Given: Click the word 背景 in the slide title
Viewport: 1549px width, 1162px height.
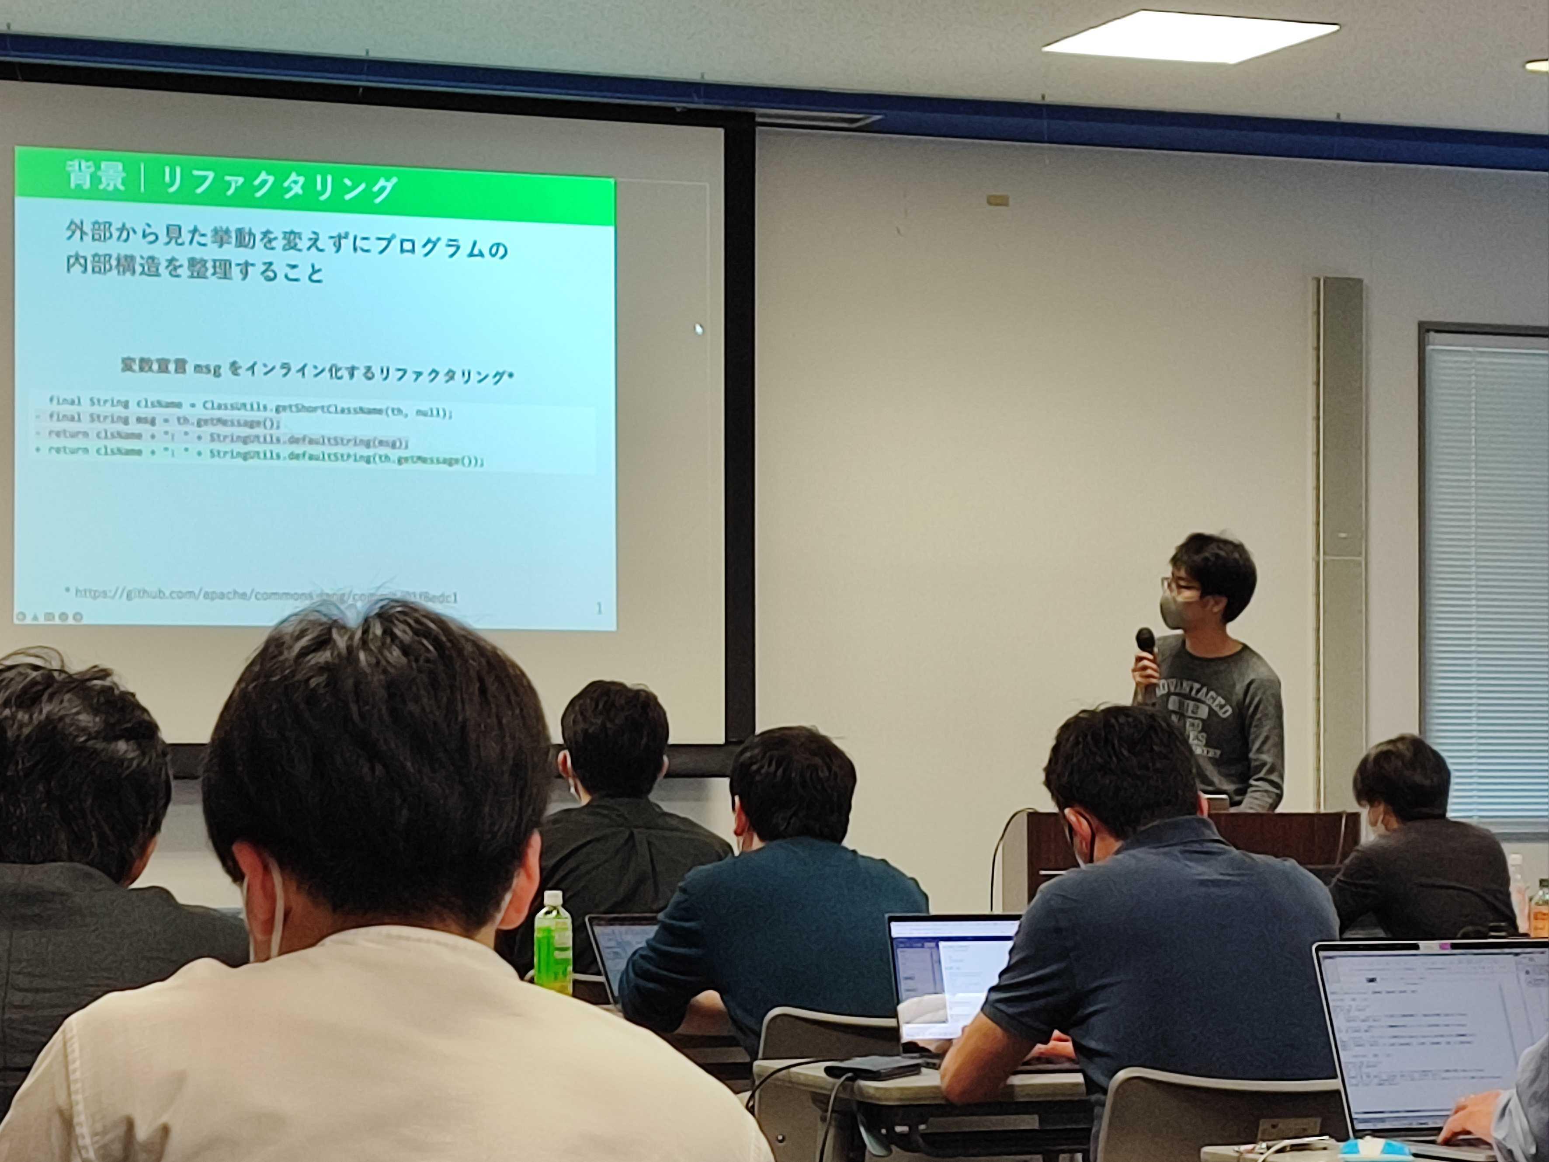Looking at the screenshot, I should pyautogui.click(x=96, y=175).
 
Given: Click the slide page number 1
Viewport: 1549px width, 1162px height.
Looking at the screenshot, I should pyautogui.click(x=599, y=609).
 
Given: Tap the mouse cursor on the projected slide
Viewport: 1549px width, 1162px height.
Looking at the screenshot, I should pyautogui.click(x=698, y=328).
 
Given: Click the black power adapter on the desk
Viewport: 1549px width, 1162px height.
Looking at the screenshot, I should pyautogui.click(x=872, y=1068).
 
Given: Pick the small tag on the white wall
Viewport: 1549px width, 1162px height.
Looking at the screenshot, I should pyautogui.click(x=998, y=200).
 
